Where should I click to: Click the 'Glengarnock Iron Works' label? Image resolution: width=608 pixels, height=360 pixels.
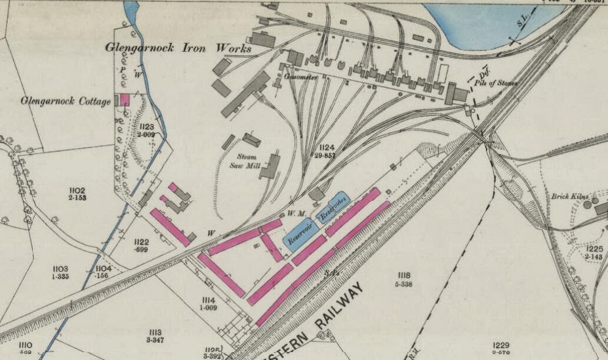click(179, 49)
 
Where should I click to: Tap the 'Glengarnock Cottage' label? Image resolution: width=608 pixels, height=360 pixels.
click(66, 102)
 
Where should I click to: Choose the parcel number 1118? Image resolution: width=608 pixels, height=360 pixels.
click(403, 275)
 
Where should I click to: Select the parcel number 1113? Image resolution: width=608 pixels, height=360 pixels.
click(155, 332)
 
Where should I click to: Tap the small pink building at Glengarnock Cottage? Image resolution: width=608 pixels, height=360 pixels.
click(125, 100)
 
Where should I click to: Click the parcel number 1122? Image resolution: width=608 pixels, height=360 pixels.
click(142, 242)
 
